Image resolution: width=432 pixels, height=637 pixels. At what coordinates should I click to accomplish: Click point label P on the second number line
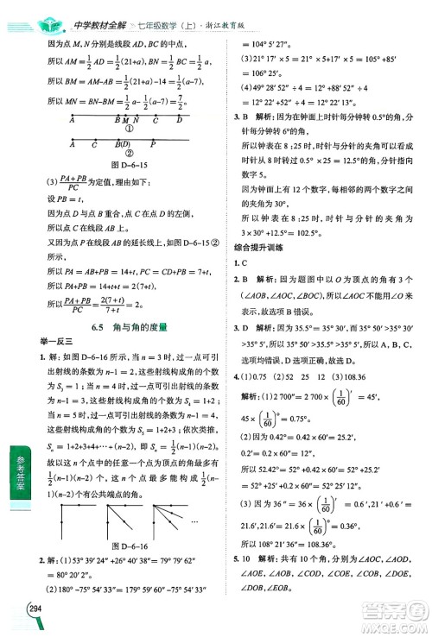pos(154,145)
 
